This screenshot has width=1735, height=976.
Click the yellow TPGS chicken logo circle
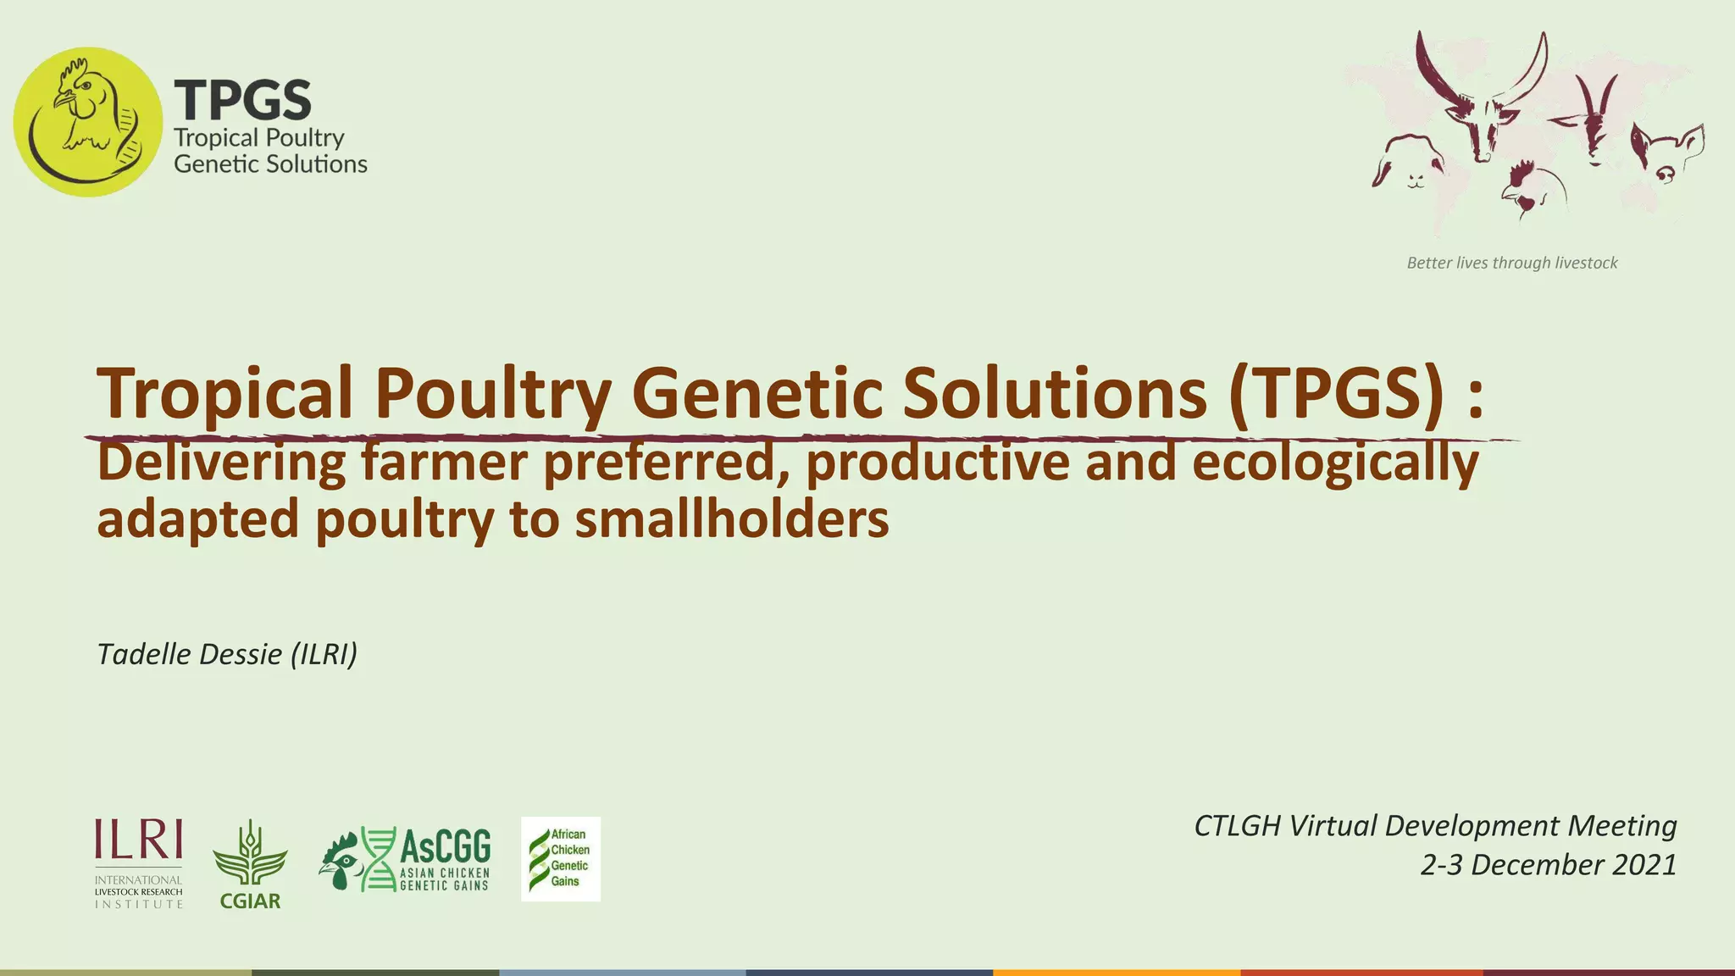point(87,122)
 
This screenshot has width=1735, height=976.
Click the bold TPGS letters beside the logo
point(242,100)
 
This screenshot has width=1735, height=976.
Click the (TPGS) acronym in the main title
point(1335,393)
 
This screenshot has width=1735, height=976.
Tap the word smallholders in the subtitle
point(732,518)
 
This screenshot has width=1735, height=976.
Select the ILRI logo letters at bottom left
point(138,840)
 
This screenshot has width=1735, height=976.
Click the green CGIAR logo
point(250,864)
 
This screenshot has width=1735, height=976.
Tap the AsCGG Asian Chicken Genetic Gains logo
point(406,859)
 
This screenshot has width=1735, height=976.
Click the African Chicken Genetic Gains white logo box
point(561,859)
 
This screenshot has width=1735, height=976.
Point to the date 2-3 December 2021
point(1549,865)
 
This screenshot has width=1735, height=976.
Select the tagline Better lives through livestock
point(1511,263)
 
